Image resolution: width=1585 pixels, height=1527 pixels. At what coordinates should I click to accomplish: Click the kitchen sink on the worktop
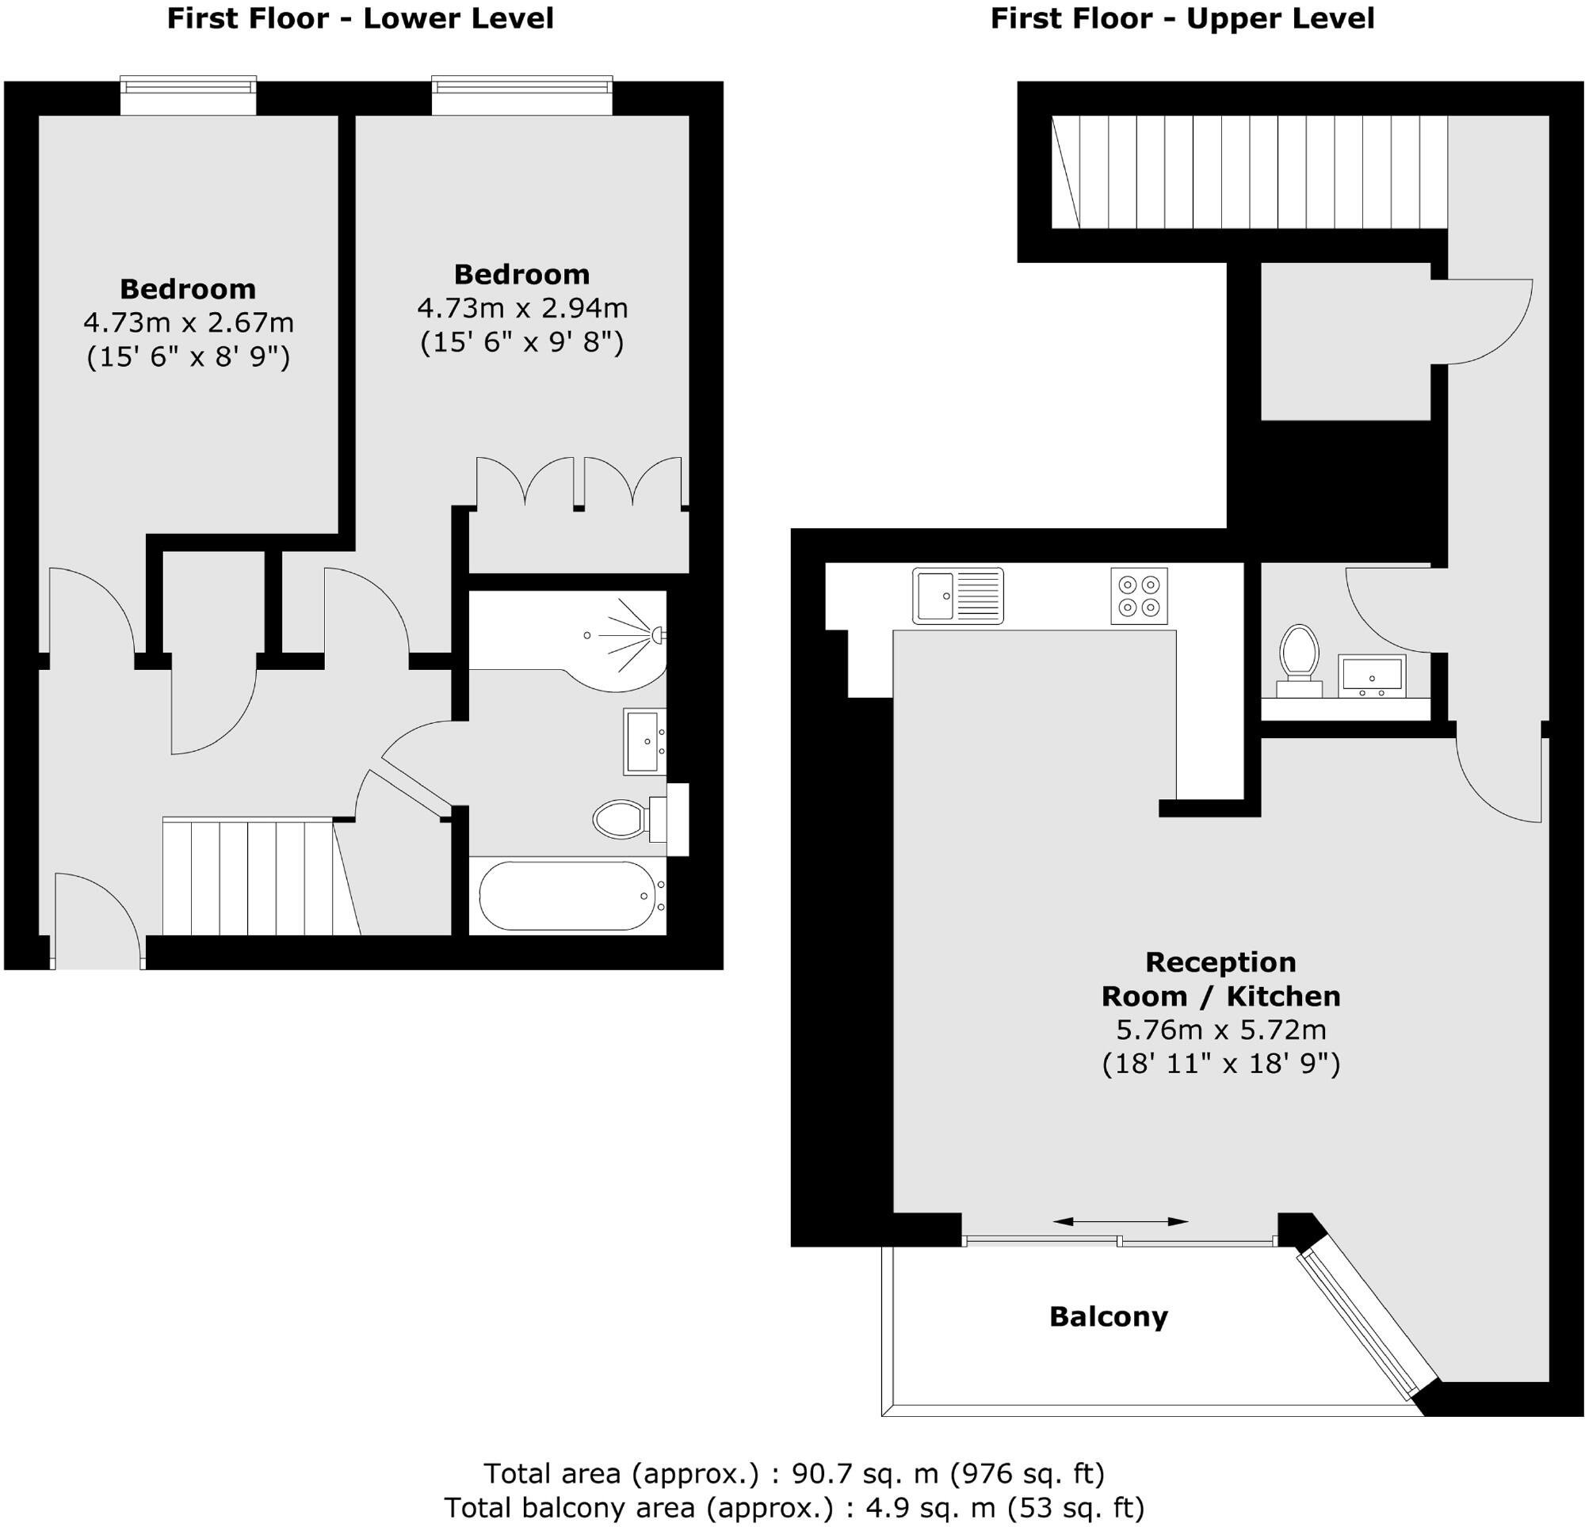(957, 596)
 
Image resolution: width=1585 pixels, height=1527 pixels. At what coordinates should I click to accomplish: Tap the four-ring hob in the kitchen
(1139, 596)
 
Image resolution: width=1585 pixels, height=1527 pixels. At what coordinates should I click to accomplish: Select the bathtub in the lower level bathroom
(567, 896)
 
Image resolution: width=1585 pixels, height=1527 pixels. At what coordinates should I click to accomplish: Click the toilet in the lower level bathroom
(621, 819)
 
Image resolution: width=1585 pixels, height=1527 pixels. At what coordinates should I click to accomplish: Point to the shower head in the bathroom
(659, 635)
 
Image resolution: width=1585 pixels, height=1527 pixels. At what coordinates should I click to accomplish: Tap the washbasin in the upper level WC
(1373, 675)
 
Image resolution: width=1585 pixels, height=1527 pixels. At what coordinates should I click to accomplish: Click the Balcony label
(1108, 1317)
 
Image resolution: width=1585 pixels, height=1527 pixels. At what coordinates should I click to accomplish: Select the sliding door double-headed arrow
(1120, 1220)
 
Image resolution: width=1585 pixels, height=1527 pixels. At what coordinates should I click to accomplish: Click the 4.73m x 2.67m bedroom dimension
(188, 322)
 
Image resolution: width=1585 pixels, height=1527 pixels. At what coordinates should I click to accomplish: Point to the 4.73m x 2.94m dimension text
(521, 308)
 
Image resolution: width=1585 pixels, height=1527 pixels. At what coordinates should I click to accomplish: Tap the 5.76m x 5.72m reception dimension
(1220, 1030)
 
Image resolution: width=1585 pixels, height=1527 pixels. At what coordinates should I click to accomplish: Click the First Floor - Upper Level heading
(1182, 18)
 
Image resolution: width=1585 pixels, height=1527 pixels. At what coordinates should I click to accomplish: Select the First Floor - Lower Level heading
(360, 18)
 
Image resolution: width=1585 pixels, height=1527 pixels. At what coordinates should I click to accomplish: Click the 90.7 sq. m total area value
(865, 1474)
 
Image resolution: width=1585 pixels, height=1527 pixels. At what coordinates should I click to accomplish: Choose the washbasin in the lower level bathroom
(644, 741)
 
